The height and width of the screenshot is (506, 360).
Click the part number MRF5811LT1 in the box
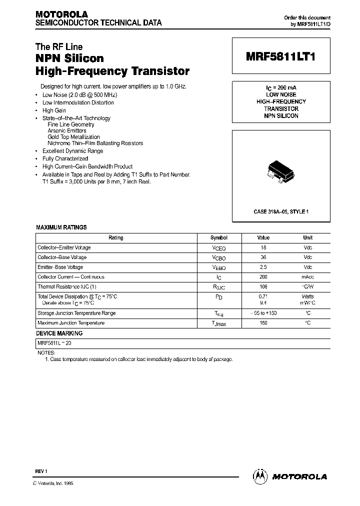pyautogui.click(x=280, y=57)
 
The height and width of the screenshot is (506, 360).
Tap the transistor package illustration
pyautogui.click(x=279, y=171)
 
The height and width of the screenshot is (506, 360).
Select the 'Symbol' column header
pyautogui.click(x=218, y=238)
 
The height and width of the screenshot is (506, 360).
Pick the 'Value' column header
pyautogui.click(x=263, y=238)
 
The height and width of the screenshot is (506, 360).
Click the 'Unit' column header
pyautogui.click(x=307, y=238)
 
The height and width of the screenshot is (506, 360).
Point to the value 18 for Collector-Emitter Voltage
pyautogui.click(x=263, y=247)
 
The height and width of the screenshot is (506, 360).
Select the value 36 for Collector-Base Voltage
pyautogui.click(x=263, y=257)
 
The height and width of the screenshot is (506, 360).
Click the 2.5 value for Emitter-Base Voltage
pyautogui.click(x=263, y=267)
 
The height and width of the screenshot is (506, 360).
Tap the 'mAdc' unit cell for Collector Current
pyautogui.click(x=307, y=277)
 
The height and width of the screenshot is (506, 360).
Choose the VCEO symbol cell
pyautogui.click(x=218, y=248)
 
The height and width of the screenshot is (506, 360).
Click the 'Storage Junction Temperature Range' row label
pyautogui.click(x=76, y=313)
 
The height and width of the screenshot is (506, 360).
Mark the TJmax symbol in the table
pyautogui.click(x=218, y=323)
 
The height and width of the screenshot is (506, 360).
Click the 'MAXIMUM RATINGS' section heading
pyautogui.click(x=61, y=227)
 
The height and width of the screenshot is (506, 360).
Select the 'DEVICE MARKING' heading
pyautogui.click(x=59, y=333)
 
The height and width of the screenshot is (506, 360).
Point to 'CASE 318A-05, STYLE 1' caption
pyautogui.click(x=280, y=212)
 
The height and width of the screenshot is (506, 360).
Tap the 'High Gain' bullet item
pyautogui.click(x=54, y=110)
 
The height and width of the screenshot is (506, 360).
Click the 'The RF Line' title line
pyautogui.click(x=59, y=47)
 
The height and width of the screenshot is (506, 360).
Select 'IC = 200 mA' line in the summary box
pyautogui.click(x=280, y=87)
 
